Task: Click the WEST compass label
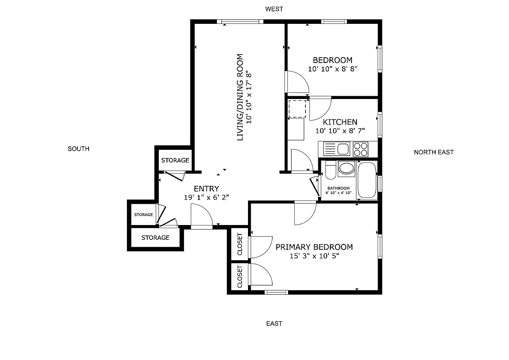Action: [x=274, y=9]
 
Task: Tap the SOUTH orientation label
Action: [x=78, y=148]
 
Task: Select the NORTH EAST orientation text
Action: [x=433, y=152]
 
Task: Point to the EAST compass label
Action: [x=274, y=323]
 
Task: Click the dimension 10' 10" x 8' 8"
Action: [x=333, y=69]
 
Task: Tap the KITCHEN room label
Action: [x=340, y=122]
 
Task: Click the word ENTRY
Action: [x=206, y=189]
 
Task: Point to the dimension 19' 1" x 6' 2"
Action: [x=207, y=197]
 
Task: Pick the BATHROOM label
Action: [x=338, y=188]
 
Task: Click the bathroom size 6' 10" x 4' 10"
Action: [x=338, y=193]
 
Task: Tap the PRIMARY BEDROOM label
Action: [x=314, y=247]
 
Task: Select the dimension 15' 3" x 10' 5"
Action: [x=314, y=256]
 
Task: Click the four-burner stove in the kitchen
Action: [x=360, y=148]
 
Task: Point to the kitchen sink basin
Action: [x=343, y=148]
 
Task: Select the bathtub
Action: [x=367, y=180]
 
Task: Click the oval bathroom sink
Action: [x=347, y=168]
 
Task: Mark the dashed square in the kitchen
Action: [x=297, y=108]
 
